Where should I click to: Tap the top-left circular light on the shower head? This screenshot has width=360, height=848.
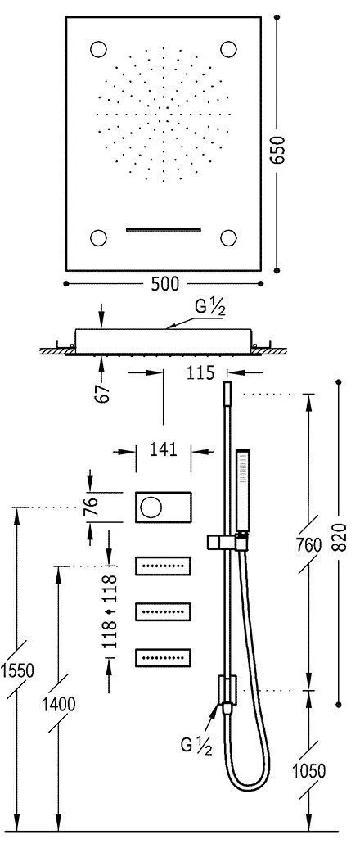[99, 48]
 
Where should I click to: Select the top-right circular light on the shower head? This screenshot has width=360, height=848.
[229, 48]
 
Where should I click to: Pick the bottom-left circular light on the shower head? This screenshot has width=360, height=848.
[99, 238]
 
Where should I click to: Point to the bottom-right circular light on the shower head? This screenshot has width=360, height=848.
[229, 238]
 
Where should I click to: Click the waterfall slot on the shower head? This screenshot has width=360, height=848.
[164, 230]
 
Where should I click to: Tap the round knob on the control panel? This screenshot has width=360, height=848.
[152, 507]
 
